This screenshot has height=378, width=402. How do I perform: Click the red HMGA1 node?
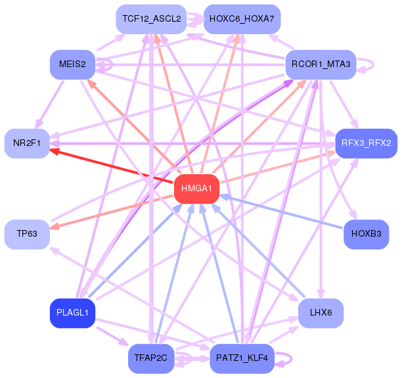(196, 189)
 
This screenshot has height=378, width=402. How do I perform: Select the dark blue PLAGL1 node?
(72, 313)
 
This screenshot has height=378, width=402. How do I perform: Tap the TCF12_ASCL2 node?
(151, 19)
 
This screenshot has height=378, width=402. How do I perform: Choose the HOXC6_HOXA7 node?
(242, 19)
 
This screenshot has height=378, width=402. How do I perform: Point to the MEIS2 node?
(72, 64)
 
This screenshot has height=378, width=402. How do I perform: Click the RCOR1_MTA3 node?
(321, 64)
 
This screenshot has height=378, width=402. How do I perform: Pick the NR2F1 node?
(27, 143)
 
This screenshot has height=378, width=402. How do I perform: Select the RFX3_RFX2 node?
(367, 143)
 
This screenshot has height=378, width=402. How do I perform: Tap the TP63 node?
(27, 234)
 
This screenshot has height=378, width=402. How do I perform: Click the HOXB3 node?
(367, 234)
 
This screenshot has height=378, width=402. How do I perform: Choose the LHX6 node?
(321, 313)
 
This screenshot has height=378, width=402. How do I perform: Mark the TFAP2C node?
(151, 358)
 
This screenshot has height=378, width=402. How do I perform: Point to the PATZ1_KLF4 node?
(242, 358)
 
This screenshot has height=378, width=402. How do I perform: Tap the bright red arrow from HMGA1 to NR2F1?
(111, 166)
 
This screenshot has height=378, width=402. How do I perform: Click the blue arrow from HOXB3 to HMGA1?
(281, 212)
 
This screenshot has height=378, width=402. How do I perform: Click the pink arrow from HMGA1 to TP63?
(111, 212)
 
